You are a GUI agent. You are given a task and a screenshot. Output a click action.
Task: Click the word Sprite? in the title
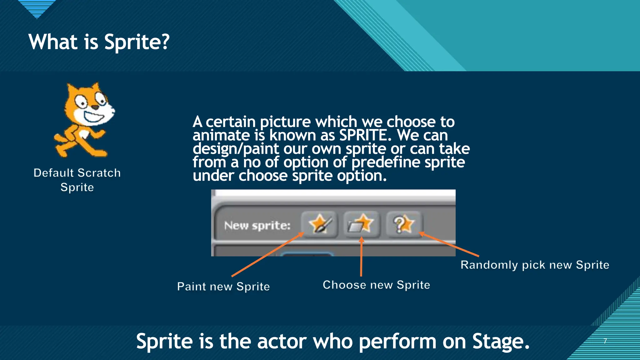click(x=137, y=42)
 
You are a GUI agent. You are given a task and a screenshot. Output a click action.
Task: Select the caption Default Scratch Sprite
click(x=77, y=180)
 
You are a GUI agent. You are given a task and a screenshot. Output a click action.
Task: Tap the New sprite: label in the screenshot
click(x=257, y=226)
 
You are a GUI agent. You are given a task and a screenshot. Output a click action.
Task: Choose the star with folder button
click(x=361, y=224)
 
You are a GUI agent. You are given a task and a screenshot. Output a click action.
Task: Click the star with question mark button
click(x=404, y=224)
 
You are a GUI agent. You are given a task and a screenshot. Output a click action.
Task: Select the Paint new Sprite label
click(x=223, y=287)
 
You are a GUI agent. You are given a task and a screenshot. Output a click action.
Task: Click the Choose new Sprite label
click(x=376, y=285)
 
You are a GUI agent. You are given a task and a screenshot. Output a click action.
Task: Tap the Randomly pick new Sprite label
click(x=535, y=265)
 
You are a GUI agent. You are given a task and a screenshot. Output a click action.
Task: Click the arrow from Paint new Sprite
click(x=267, y=255)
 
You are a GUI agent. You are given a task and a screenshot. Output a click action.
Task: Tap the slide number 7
click(x=605, y=341)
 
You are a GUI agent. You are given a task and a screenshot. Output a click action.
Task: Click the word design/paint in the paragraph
click(x=236, y=149)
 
